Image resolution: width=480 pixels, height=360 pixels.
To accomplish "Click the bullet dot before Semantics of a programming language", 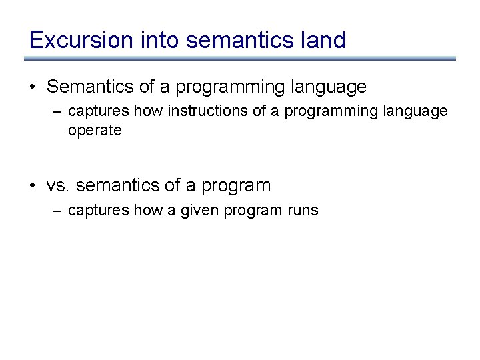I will [33, 87].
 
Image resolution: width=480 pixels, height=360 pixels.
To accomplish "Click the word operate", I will [95, 131].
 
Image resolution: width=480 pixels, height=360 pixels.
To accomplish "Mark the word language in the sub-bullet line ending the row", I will [417, 111].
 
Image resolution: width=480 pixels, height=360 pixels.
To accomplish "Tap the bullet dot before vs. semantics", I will [33, 186].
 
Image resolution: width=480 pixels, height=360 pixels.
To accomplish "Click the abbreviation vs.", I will [59, 185].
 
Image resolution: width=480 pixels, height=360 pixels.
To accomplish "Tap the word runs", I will [303, 211].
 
